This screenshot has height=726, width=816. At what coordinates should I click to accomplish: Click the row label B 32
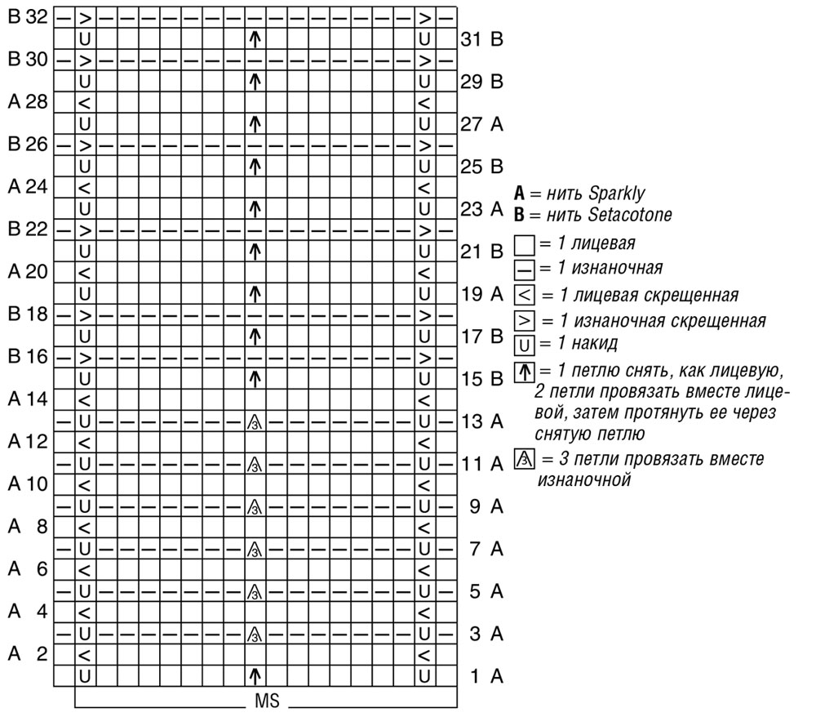27,16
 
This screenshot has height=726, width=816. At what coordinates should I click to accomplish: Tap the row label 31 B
481,38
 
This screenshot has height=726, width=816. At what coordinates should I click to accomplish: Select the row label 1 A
486,676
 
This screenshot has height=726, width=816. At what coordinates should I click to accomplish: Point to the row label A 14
27,399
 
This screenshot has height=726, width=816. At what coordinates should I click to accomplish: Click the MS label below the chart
267,702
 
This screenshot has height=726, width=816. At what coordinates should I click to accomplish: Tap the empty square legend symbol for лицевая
524,244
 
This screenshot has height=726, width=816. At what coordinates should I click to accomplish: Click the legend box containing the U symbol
524,342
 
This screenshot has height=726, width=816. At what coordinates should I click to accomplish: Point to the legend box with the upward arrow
524,372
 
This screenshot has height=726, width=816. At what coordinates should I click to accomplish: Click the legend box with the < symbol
524,294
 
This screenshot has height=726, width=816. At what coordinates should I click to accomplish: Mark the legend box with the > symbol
524,318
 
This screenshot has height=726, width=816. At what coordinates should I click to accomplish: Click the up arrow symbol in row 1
255,676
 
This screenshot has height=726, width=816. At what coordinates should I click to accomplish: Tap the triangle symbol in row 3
255,634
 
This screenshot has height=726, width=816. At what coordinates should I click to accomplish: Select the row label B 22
27,229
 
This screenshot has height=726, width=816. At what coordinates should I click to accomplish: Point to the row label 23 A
481,208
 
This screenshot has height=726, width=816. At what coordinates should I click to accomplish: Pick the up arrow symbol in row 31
255,38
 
